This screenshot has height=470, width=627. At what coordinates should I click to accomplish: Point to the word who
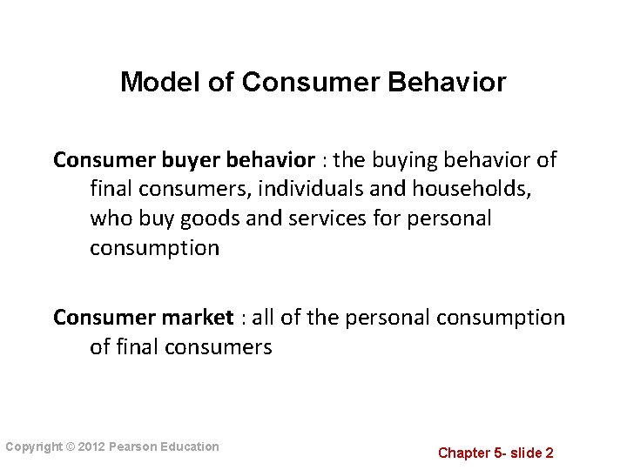(x=108, y=218)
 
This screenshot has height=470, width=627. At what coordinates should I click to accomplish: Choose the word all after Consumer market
(x=264, y=318)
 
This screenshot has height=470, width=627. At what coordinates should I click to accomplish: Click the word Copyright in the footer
(x=33, y=447)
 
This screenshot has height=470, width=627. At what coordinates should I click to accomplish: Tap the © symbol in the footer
(x=70, y=447)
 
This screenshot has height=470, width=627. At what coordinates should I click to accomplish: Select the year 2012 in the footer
(x=91, y=447)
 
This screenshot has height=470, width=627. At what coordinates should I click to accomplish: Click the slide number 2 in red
(x=549, y=453)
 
